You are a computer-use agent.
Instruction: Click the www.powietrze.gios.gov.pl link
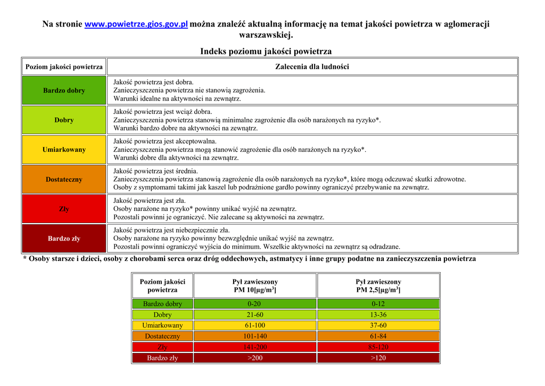(x=136, y=24)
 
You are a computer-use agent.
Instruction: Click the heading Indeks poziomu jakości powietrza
(x=266, y=51)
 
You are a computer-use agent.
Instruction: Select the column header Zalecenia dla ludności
(x=312, y=67)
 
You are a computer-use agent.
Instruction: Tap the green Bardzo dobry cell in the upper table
(x=64, y=91)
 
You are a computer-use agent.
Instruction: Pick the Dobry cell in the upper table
(x=64, y=120)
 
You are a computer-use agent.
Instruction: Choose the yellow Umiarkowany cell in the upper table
(x=64, y=150)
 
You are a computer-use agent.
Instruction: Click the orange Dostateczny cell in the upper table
(x=64, y=179)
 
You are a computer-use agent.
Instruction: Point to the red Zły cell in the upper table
(x=64, y=209)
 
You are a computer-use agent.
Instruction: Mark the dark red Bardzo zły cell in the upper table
(x=64, y=239)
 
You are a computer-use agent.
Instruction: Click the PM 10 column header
(x=255, y=286)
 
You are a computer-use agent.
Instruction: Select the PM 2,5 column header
(x=378, y=286)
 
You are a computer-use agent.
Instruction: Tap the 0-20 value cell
(x=255, y=304)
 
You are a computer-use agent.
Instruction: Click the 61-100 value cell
(x=255, y=325)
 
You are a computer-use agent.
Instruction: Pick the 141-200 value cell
(x=255, y=347)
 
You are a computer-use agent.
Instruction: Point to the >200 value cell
(x=255, y=358)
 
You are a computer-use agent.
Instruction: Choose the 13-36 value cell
(x=378, y=315)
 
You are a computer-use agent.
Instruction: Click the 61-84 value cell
(x=378, y=336)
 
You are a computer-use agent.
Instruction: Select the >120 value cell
(x=378, y=358)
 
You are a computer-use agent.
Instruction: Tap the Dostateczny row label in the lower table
(x=162, y=336)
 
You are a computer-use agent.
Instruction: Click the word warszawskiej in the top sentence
(x=266, y=36)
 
